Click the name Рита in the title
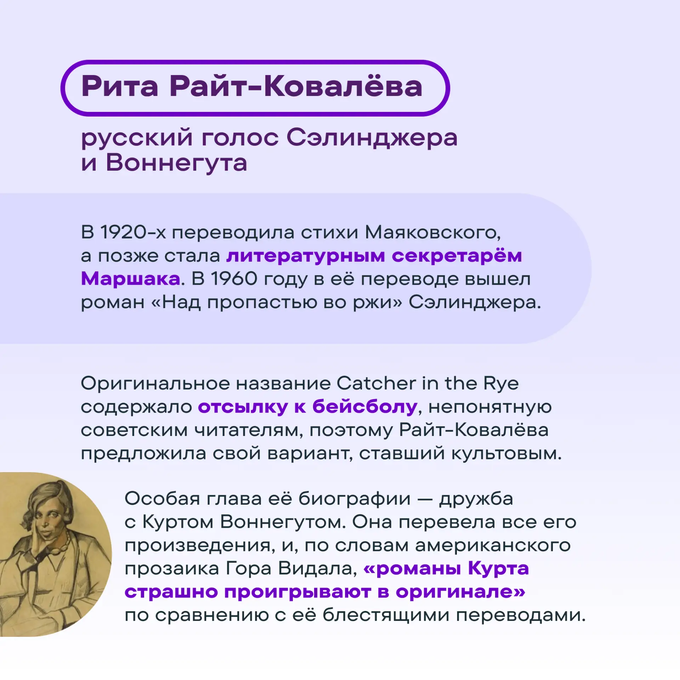(x=120, y=86)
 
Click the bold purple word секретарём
(x=457, y=256)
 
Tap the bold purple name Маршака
(x=131, y=279)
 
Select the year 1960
(x=234, y=279)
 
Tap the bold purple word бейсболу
(x=365, y=407)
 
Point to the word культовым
(x=506, y=454)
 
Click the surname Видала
(x=317, y=569)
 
